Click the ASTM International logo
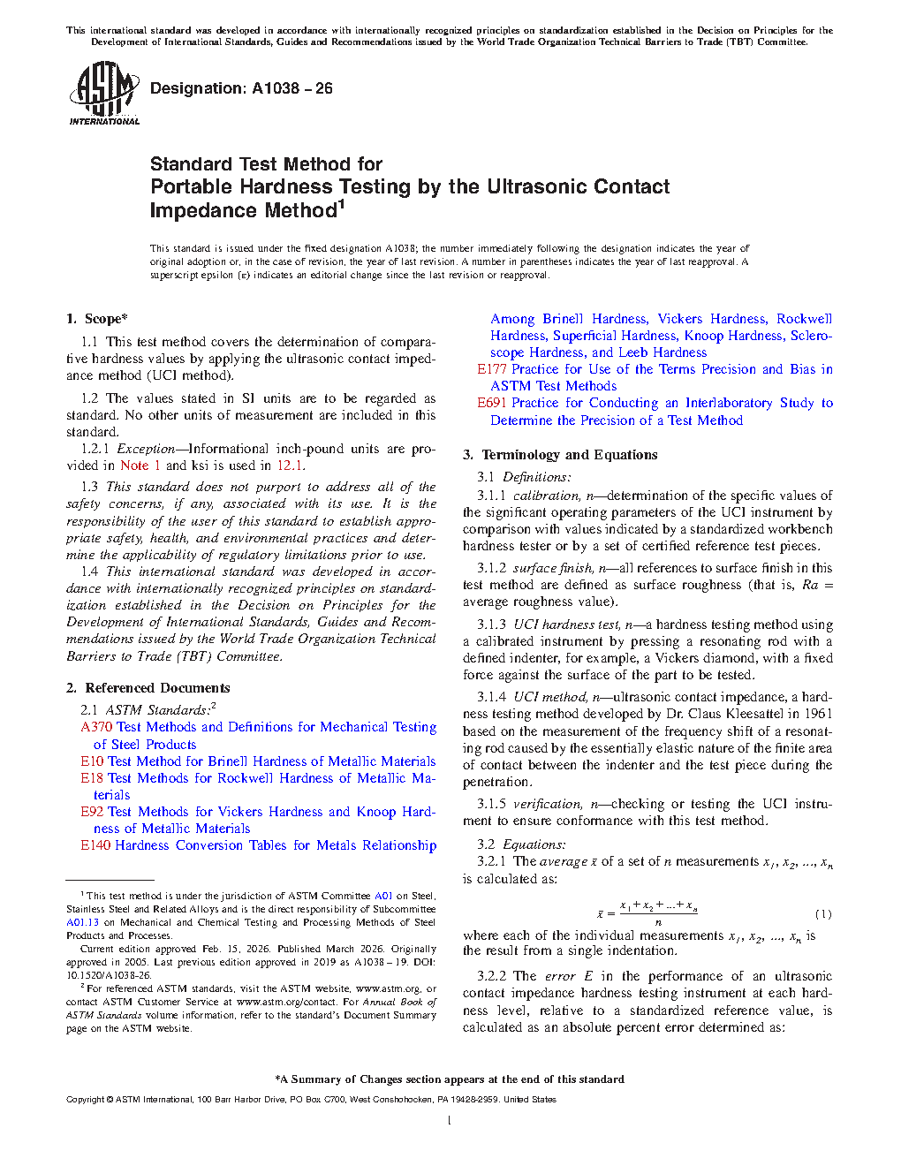click(103, 93)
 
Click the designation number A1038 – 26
click(291, 88)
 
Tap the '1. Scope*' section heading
click(96, 319)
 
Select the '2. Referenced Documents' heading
click(148, 688)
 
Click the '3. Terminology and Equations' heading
click(560, 455)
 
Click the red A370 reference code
click(96, 727)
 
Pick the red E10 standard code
click(92, 761)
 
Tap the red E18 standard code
click(92, 778)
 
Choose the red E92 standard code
click(92, 812)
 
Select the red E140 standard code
click(95, 845)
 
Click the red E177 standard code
click(492, 369)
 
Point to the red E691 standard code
click(492, 403)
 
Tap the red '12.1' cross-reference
click(291, 466)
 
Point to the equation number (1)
click(822, 914)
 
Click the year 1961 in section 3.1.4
click(818, 714)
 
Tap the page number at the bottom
click(450, 1121)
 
